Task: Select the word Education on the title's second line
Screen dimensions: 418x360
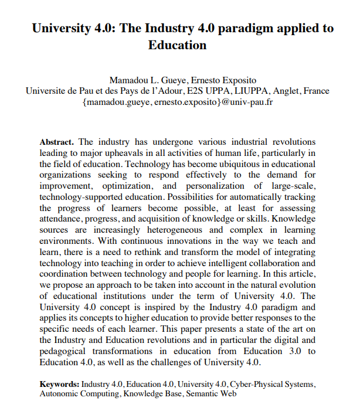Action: click(x=178, y=45)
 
